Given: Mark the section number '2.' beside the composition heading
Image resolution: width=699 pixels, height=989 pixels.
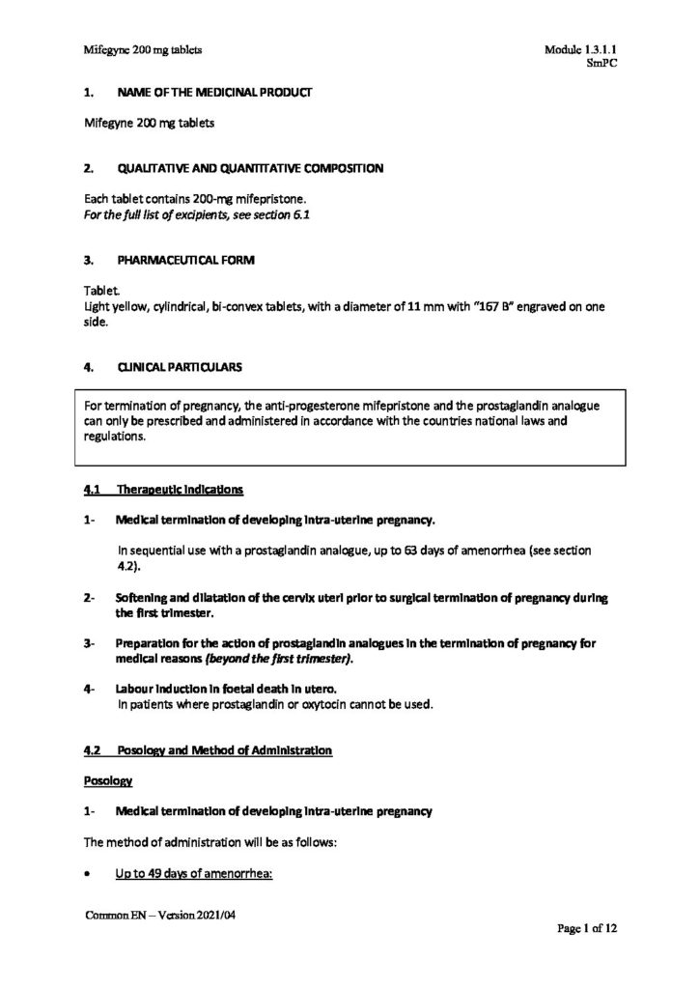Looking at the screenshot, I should [89, 168].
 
